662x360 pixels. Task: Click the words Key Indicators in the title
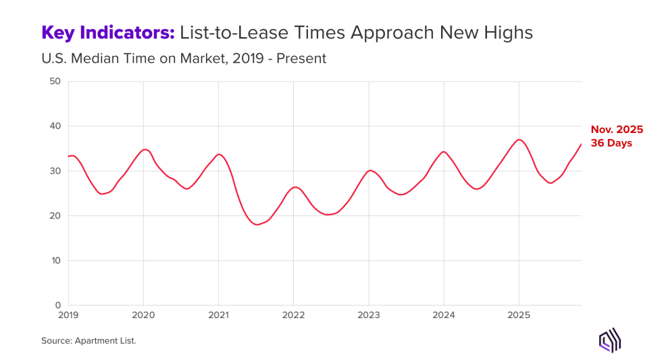(x=108, y=32)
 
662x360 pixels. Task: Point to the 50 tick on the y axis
(x=55, y=82)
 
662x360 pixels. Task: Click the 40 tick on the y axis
(x=55, y=126)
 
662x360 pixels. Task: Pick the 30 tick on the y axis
(x=55, y=171)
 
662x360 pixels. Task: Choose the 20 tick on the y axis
(x=55, y=216)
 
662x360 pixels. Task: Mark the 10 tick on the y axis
(x=55, y=261)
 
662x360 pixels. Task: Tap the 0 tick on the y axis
(x=57, y=305)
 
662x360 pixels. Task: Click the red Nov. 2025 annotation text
(x=617, y=130)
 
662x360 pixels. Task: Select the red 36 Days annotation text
(x=611, y=143)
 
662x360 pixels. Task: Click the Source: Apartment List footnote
(x=88, y=341)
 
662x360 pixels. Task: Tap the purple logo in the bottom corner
(x=610, y=341)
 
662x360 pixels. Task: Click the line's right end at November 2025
(x=580, y=145)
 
